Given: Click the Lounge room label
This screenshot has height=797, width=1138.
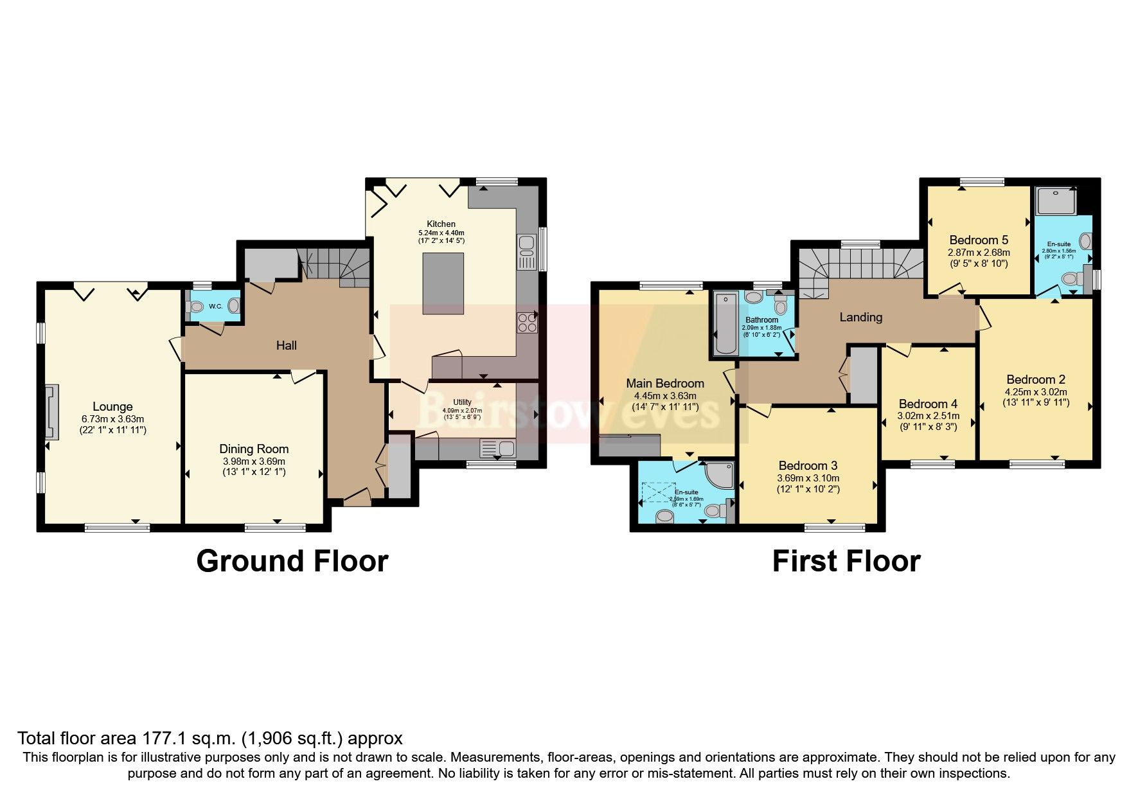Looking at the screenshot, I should [112, 406].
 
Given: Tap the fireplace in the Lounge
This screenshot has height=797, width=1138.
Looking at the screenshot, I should [51, 412].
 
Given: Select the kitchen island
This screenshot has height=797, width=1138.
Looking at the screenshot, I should [443, 283].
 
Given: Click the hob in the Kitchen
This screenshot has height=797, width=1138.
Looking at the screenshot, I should [527, 323].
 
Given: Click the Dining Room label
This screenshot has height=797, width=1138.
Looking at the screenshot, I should [254, 449].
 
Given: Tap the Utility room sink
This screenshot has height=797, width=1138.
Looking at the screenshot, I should [498, 447].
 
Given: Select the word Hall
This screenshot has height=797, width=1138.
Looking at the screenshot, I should [287, 346].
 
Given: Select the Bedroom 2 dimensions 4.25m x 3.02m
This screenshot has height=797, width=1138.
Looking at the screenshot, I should [1036, 391].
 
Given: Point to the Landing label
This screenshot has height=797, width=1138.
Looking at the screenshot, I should [860, 317].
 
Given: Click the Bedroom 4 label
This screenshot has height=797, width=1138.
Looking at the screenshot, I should [928, 404].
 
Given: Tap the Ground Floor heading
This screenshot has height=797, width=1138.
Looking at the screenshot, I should [292, 561].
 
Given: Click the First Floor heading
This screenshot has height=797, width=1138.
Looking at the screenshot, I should [846, 561].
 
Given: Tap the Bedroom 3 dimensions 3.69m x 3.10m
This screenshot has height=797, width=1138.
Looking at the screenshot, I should [808, 478].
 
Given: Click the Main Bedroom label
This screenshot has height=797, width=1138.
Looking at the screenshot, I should [665, 384].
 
